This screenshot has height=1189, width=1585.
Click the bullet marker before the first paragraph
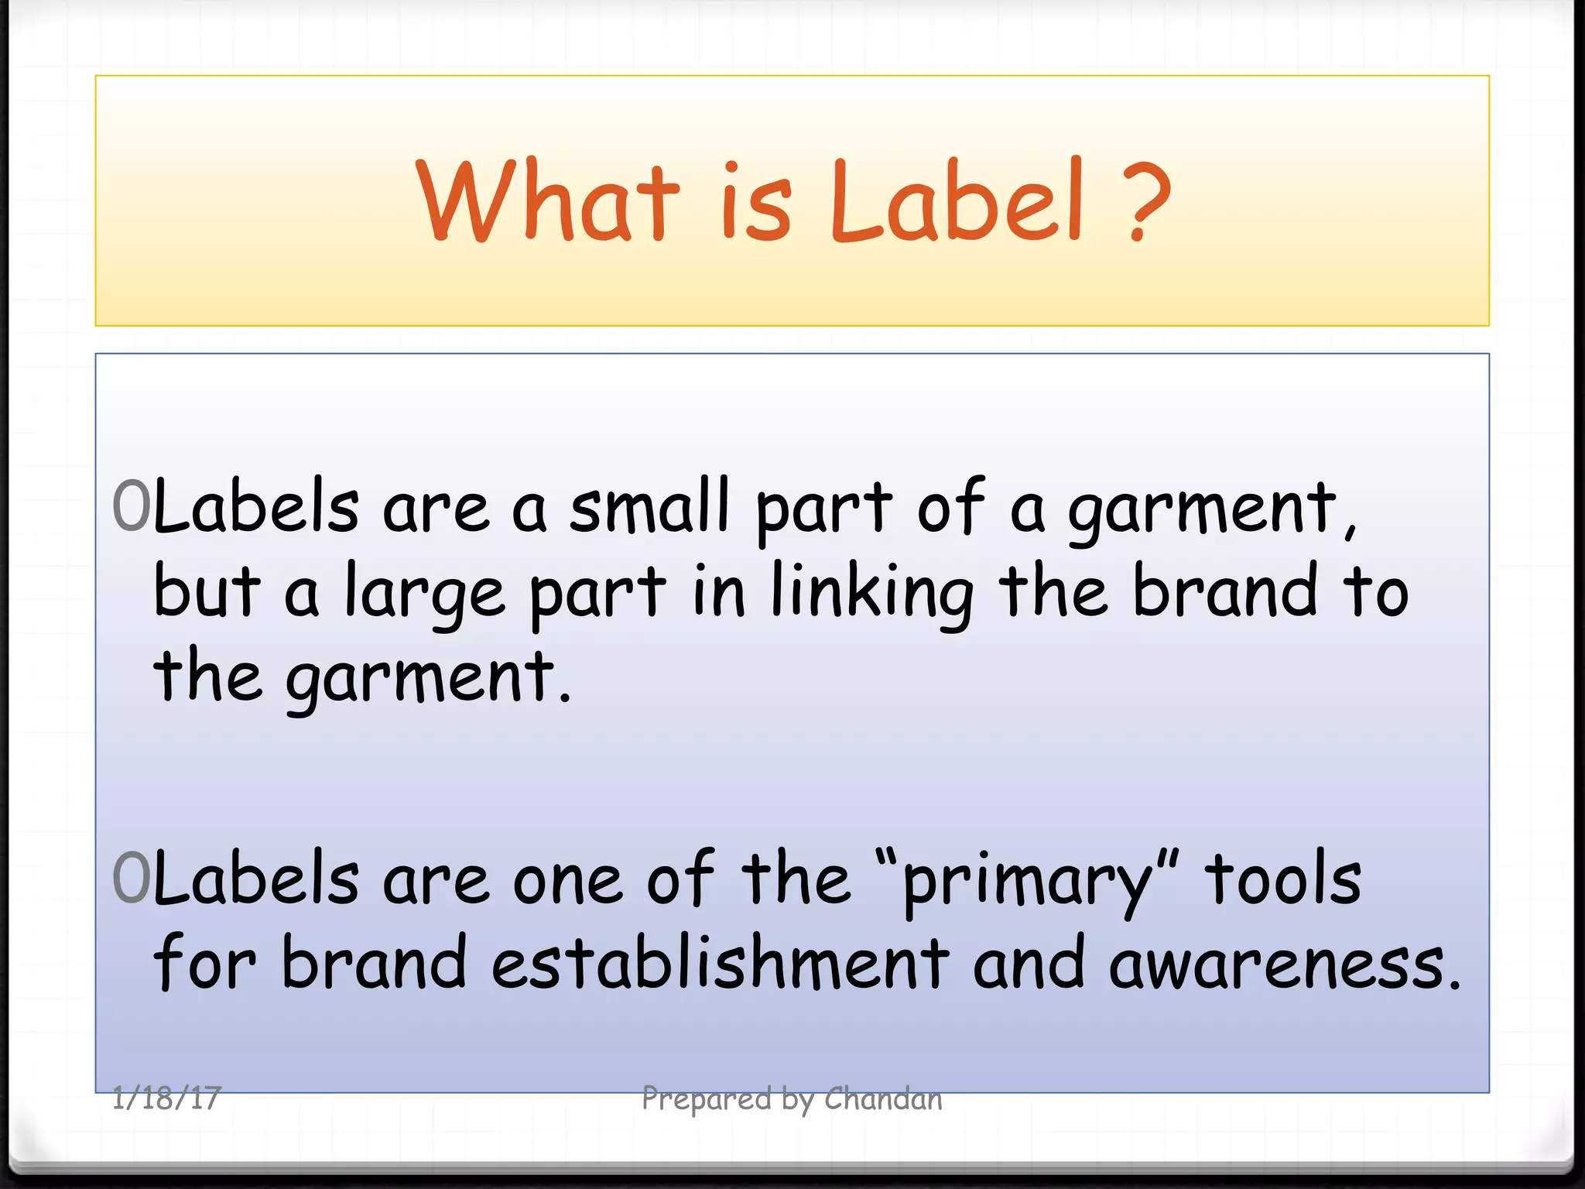coord(131,506)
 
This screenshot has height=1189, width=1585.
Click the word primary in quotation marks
coord(1028,882)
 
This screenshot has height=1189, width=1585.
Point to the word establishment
coord(720,963)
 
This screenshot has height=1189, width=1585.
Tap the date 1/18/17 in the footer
coord(166,1098)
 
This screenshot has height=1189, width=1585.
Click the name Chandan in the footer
coord(883,1098)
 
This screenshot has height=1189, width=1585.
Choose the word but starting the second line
coord(207,591)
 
